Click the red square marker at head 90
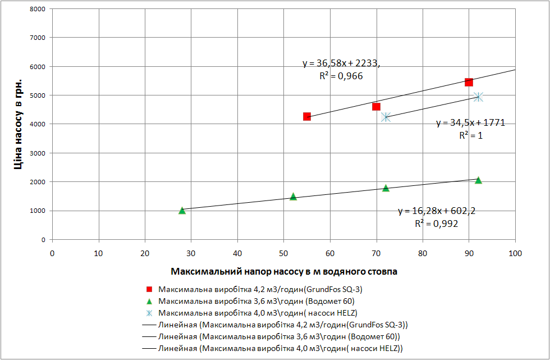(469, 82)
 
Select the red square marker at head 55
(307, 116)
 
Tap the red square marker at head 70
(376, 107)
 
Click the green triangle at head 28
(182, 211)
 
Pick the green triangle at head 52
(293, 196)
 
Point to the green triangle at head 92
(478, 180)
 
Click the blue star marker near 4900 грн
(478, 97)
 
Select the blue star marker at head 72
(386, 117)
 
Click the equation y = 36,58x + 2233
(341, 63)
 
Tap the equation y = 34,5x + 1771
(470, 122)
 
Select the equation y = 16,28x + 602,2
(437, 211)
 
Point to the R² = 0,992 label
(437, 224)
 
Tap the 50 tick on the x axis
(284, 252)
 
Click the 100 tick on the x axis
(515, 252)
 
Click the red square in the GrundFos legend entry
(149, 290)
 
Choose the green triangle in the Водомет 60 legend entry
(149, 302)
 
